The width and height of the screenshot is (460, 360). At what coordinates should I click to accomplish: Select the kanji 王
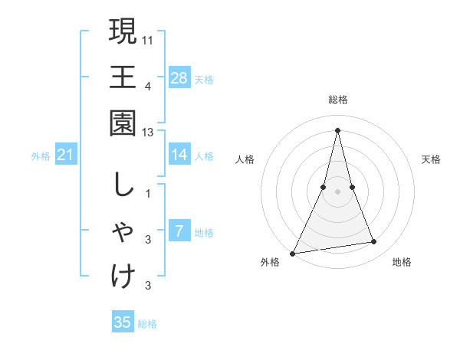(x=123, y=77)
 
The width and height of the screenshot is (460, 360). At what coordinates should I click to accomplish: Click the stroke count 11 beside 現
(x=148, y=39)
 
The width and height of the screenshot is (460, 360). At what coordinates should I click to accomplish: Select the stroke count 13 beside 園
(x=148, y=133)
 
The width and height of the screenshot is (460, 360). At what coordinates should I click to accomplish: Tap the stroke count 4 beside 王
(x=148, y=86)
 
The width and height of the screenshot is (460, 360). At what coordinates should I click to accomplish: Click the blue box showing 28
(x=179, y=77)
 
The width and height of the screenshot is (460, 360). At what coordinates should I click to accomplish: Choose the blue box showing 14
(x=179, y=155)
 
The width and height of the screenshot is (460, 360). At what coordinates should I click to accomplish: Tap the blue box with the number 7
(x=179, y=231)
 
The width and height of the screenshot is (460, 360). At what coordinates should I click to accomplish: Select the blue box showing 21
(x=66, y=155)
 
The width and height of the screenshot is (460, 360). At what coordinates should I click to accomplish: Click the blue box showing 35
(x=123, y=322)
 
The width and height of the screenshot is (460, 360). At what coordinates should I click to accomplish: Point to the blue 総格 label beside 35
(x=147, y=324)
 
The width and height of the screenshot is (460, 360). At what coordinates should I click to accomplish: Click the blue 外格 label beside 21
(x=41, y=156)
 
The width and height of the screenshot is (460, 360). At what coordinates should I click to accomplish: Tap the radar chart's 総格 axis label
(x=337, y=100)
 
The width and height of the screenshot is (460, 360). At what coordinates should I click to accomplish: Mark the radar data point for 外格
(x=292, y=254)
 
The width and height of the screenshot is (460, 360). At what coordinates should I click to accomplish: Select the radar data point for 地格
(x=374, y=242)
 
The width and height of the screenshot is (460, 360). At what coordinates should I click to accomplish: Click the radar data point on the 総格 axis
(x=337, y=129)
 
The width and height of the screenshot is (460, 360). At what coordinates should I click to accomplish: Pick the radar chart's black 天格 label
(x=432, y=159)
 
